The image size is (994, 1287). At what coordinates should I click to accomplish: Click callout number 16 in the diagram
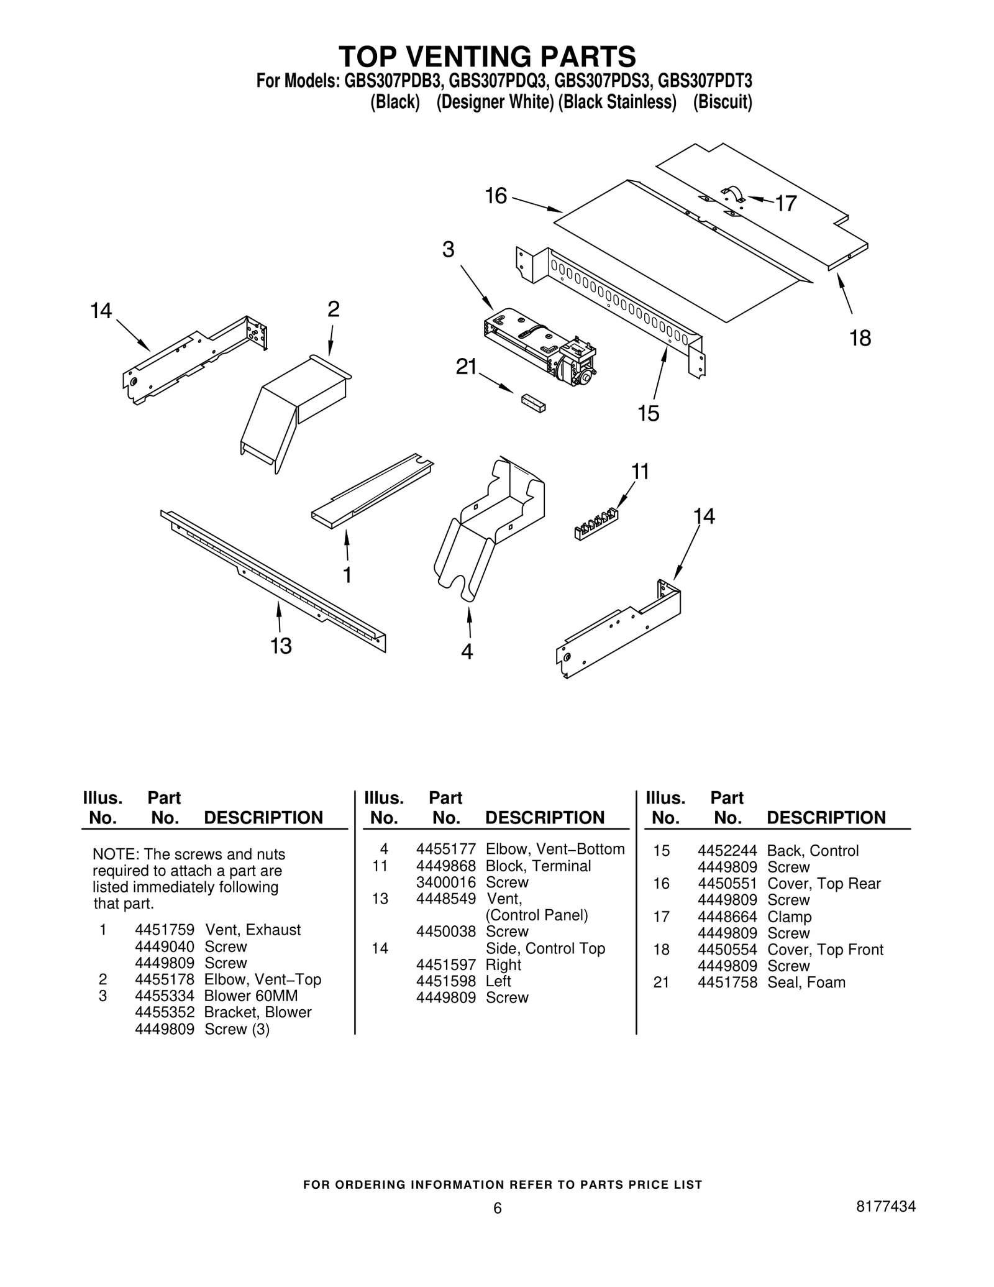coord(496,196)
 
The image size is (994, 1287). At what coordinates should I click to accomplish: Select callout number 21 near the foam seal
coord(466,367)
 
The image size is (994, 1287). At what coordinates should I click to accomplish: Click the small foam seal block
coord(534,402)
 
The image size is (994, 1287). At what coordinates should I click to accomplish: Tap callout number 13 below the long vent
coord(281,646)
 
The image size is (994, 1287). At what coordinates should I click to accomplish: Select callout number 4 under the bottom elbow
coord(467,651)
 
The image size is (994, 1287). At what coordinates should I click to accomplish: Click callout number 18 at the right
coord(860,338)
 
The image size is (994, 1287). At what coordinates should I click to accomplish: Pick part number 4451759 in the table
coord(165,930)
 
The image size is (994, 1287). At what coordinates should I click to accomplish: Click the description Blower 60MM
coord(251,996)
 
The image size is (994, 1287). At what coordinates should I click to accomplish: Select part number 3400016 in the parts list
coord(445,882)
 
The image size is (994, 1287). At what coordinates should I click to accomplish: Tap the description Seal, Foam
coord(806,982)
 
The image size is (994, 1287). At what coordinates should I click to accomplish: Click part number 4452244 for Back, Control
coord(727,851)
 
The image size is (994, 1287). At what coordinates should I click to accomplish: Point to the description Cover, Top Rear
coord(824,884)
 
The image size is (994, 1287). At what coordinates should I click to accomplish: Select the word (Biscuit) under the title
coord(723,102)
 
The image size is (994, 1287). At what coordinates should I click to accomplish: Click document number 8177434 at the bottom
coord(885,1206)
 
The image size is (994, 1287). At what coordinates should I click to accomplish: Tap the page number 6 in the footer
coord(497,1208)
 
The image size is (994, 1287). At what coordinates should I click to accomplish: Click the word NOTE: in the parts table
coord(111,854)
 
